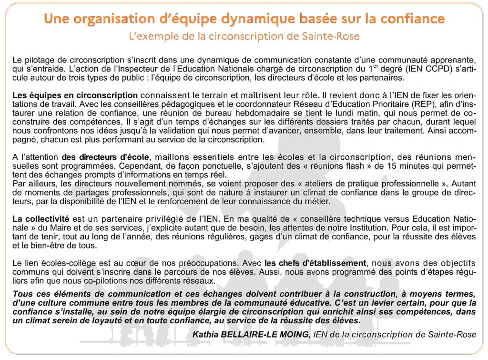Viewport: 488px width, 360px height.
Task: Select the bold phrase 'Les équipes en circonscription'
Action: pos(75,95)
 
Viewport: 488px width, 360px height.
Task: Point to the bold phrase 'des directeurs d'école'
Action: pos(105,156)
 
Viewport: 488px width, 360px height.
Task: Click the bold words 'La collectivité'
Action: pos(41,218)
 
